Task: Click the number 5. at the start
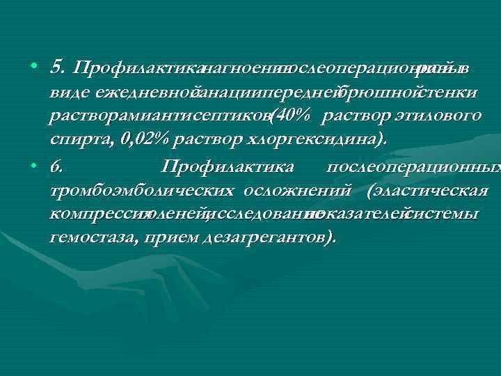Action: (58, 68)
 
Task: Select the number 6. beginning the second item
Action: (56, 167)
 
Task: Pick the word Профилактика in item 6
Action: (228, 167)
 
